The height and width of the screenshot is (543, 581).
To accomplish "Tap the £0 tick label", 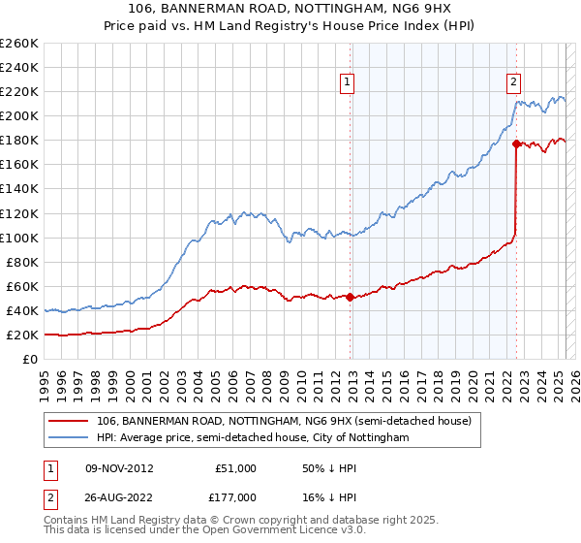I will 30,360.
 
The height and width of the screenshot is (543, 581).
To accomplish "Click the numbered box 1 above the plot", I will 347,82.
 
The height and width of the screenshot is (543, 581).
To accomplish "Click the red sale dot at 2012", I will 350,297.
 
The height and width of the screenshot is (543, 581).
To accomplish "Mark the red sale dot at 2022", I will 516,144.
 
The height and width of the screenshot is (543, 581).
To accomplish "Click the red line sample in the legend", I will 70,421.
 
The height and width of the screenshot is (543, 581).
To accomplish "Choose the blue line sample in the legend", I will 70,438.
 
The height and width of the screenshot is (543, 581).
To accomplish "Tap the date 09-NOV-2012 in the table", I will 119,467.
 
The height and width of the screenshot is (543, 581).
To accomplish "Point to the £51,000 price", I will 236,467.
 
